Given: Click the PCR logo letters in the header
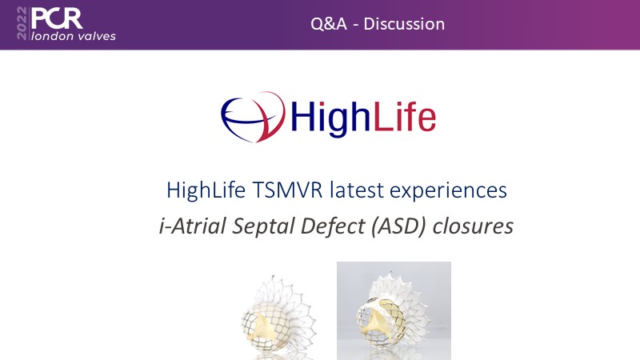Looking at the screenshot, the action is pyautogui.click(x=57, y=18).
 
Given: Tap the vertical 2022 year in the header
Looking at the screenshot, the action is pyautogui.click(x=22, y=23).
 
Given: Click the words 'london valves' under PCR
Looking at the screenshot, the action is pyautogui.click(x=74, y=36).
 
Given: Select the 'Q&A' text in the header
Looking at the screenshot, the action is pyautogui.click(x=329, y=24).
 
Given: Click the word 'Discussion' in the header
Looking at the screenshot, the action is pyautogui.click(x=404, y=24).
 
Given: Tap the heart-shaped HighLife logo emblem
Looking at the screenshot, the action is pyautogui.click(x=253, y=117).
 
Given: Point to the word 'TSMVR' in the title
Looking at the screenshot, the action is pyautogui.click(x=287, y=190).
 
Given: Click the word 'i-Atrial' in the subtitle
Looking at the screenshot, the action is pyautogui.click(x=192, y=226).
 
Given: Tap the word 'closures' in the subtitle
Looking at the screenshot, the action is pyautogui.click(x=473, y=226).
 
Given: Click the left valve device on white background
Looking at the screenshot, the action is pyautogui.click(x=278, y=316).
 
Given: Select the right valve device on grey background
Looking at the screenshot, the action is pyautogui.click(x=393, y=311).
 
